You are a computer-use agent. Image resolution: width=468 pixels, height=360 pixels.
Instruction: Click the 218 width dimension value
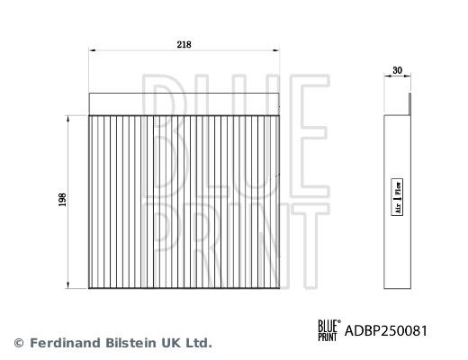[x=184, y=45]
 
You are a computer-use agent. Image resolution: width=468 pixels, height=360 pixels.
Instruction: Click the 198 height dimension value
[x=62, y=200]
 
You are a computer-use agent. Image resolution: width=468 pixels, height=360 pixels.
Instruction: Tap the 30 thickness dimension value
[x=397, y=70]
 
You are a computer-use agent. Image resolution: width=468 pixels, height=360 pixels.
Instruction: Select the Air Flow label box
[x=397, y=197]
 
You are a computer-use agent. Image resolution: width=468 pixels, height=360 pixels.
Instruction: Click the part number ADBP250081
[x=386, y=331]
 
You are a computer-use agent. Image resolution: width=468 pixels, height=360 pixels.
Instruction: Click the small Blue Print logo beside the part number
[x=329, y=330]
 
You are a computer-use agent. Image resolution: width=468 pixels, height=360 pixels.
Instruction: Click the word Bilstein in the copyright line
[x=130, y=343]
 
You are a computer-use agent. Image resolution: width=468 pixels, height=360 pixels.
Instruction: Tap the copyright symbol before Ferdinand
[x=19, y=343]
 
